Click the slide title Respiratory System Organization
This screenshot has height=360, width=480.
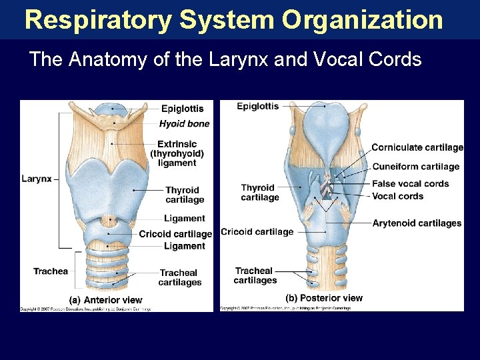pyautogui.click(x=233, y=20)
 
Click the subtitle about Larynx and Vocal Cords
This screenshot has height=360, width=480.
pyautogui.click(x=225, y=59)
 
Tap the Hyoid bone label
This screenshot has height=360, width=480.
pyautogui.click(x=184, y=123)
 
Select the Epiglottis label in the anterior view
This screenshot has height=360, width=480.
pyautogui.click(x=183, y=109)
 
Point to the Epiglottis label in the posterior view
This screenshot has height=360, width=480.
pyautogui.click(x=258, y=106)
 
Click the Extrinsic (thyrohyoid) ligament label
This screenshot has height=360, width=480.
pyautogui.click(x=177, y=153)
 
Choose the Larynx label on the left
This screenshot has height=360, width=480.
pyautogui.click(x=36, y=179)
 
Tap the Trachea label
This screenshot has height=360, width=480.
pyautogui.click(x=51, y=271)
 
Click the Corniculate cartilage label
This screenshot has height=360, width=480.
pyautogui.click(x=417, y=147)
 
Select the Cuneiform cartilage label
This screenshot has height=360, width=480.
pyautogui.click(x=415, y=167)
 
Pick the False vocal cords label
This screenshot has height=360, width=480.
pyautogui.click(x=410, y=183)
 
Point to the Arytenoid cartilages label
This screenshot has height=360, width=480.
pyautogui.click(x=417, y=223)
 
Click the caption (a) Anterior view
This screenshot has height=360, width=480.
pyautogui.click(x=106, y=300)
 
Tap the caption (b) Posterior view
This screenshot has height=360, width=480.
pyautogui.click(x=324, y=298)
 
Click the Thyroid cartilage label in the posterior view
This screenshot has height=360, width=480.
pyautogui.click(x=259, y=193)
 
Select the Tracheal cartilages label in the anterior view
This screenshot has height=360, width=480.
pyautogui.click(x=179, y=277)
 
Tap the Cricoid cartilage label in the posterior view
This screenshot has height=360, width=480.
pyautogui.click(x=257, y=232)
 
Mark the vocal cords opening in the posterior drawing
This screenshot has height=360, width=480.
pyautogui.click(x=326, y=191)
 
